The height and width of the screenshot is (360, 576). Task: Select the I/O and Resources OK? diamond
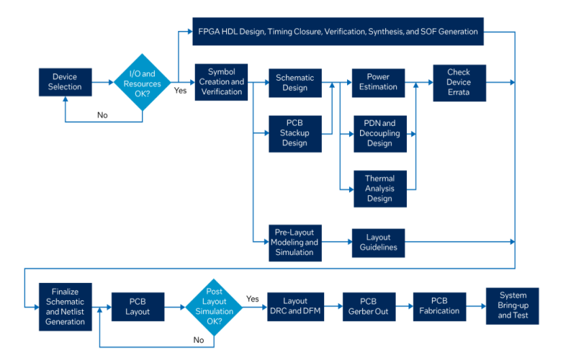[143, 82]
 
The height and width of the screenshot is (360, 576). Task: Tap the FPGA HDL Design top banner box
[337, 31]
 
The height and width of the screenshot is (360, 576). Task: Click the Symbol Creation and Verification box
[221, 81]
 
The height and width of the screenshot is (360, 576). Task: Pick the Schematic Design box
[295, 82]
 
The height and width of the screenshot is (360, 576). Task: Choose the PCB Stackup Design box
[295, 133]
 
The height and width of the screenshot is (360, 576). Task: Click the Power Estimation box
[379, 82]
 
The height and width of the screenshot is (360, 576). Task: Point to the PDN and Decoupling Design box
[379, 133]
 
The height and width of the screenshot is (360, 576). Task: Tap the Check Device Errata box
[459, 82]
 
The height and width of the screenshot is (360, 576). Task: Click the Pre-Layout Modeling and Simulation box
[295, 243]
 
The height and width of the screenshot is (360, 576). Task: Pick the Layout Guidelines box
[379, 243]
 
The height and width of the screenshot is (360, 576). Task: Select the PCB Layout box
[138, 307]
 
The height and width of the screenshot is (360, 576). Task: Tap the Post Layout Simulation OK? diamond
[214, 306]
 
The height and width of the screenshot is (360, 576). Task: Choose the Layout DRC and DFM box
[294, 306]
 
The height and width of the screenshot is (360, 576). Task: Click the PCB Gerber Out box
[369, 306]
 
